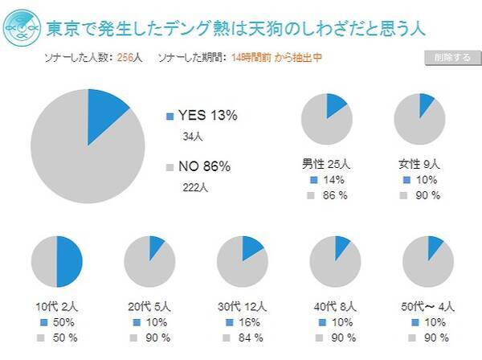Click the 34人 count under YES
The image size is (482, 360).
tap(194, 137)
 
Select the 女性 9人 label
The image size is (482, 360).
tap(419, 165)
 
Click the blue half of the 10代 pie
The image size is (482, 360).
tap(69, 262)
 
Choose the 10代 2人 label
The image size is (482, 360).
tap(57, 306)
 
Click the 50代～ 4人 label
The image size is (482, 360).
tap(427, 306)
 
